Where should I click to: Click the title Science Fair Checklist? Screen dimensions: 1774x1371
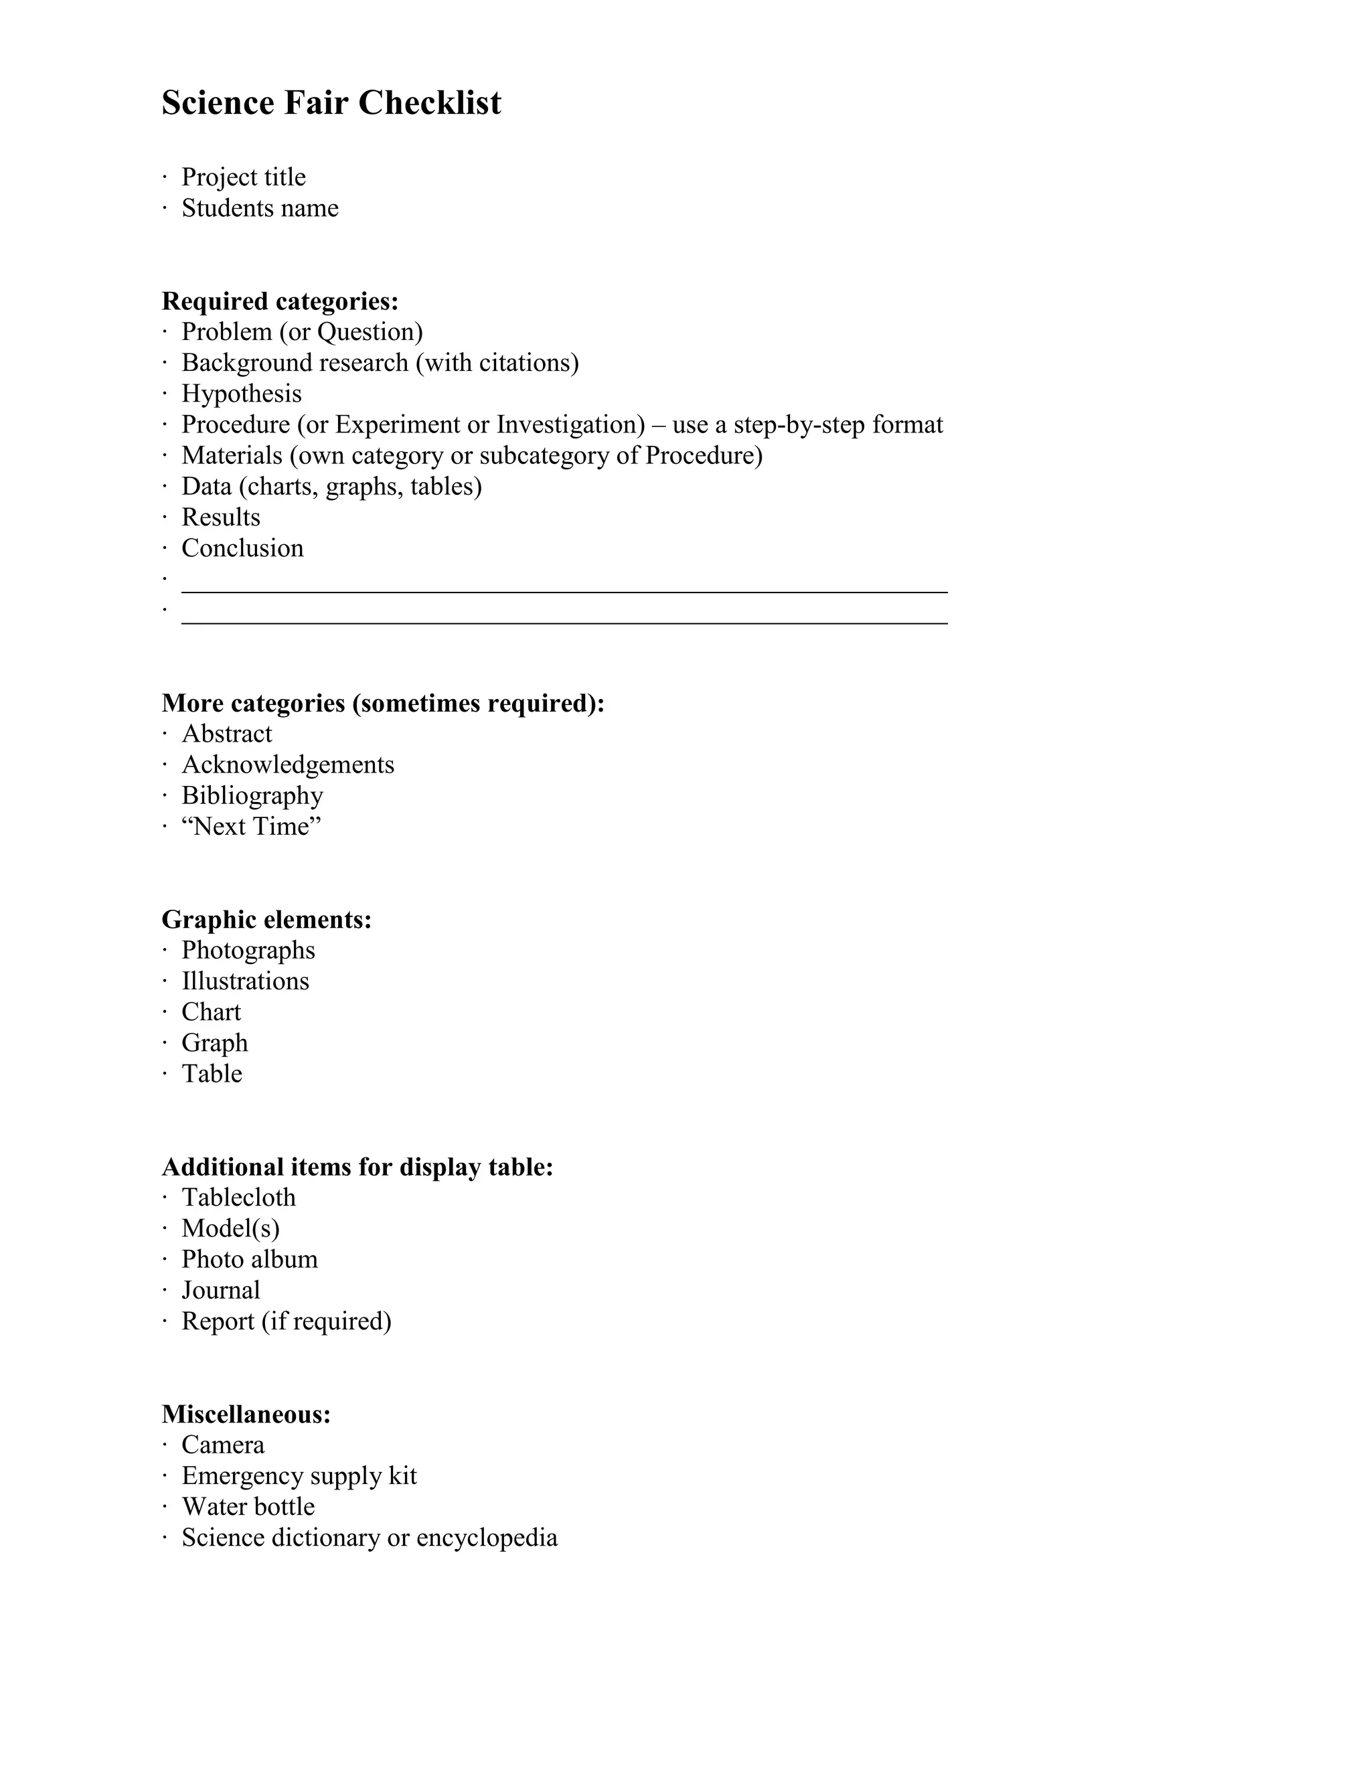[331, 103]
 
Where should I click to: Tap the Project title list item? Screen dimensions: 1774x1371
[243, 177]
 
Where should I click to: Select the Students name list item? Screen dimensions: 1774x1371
[259, 208]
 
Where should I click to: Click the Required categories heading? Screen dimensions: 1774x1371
[280, 301]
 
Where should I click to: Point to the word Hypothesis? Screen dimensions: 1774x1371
[241, 394]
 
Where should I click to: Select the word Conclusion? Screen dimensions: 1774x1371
[242, 548]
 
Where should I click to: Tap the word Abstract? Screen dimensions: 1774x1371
[227, 734]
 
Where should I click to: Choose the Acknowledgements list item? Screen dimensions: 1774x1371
[287, 765]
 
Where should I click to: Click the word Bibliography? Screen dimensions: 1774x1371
[252, 796]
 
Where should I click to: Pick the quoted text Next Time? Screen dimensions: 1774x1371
[251, 827]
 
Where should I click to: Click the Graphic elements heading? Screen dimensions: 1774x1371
[266, 920]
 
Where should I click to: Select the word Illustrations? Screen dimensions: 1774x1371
[244, 981]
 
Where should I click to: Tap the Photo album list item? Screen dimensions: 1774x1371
[249, 1260]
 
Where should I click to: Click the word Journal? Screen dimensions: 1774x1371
[220, 1291]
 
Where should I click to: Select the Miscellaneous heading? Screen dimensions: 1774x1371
[246, 1414]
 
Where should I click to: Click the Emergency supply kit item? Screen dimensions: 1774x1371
[298, 1476]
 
